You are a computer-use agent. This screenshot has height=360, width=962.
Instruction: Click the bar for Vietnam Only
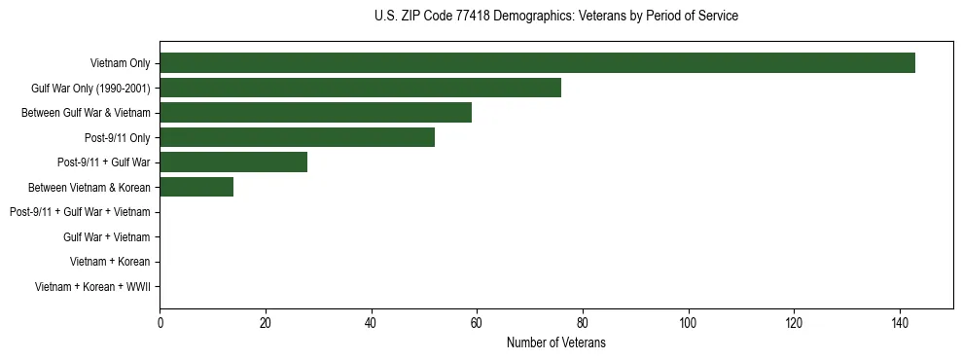coord(537,63)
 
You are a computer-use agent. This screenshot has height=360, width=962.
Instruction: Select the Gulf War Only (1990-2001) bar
coord(360,89)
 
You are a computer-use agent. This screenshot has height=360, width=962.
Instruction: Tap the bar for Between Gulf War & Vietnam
coord(315,113)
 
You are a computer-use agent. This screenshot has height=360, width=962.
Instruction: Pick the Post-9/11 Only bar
coord(297,138)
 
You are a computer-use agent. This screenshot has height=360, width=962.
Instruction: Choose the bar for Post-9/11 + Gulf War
coord(233,162)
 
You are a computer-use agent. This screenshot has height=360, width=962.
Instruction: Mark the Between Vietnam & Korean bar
coord(196,187)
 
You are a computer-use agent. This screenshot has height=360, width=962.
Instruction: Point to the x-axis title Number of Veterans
coord(555,342)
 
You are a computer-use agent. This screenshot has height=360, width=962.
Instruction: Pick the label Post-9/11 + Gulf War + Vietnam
coord(80,212)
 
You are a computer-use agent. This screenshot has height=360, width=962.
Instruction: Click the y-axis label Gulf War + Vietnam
coord(107,236)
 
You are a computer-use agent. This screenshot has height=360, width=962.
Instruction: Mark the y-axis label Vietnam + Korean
coord(110,262)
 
